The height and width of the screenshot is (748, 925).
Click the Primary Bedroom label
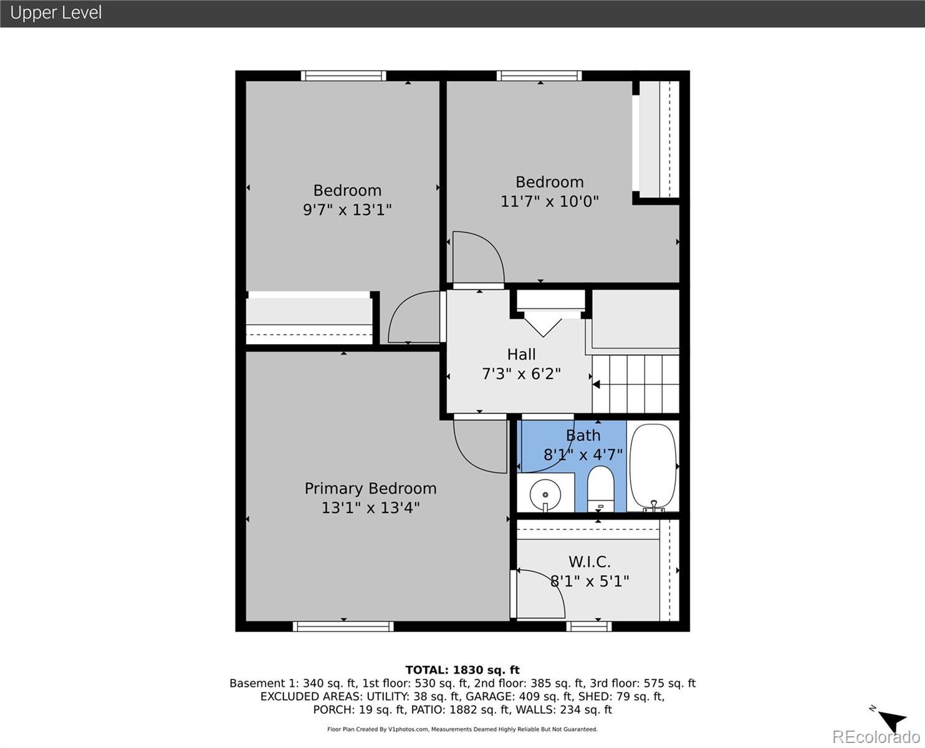coord(370,489)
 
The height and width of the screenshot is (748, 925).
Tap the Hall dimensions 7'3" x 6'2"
coord(521,374)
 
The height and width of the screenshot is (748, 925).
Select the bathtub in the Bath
coord(653,466)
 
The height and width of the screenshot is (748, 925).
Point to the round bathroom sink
coord(545,494)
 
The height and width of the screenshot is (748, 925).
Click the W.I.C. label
coord(589,562)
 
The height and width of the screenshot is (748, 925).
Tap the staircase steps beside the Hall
coord(636,384)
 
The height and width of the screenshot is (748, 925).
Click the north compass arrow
coord(892,720)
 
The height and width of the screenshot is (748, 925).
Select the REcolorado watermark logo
coord(876,736)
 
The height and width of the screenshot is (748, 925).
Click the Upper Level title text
coord(56,12)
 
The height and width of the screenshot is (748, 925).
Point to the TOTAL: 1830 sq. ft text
coord(462,670)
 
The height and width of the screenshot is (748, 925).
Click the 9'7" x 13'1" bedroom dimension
coord(347,210)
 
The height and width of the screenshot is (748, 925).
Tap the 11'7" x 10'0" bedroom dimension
coord(549,201)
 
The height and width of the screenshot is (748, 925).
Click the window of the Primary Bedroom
coord(343,626)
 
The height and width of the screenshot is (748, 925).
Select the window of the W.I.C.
coord(589,626)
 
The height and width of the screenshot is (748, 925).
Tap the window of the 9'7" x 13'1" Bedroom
coord(343,75)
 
